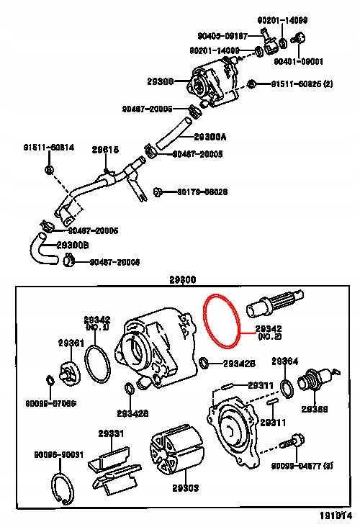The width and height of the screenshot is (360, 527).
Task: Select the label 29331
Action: tap(112, 433)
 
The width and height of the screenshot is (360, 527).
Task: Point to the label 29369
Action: tap(315, 409)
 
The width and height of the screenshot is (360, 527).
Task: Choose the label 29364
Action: tap(284, 361)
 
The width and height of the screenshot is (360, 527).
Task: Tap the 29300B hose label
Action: tap(73, 246)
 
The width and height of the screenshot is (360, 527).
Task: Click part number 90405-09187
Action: tap(222, 35)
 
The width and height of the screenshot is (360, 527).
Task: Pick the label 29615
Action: tap(105, 150)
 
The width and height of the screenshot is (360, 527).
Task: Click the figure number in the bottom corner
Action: tap(336, 516)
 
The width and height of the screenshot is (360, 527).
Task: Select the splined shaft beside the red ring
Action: tap(276, 304)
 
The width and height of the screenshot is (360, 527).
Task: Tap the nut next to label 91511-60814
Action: tap(48, 170)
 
